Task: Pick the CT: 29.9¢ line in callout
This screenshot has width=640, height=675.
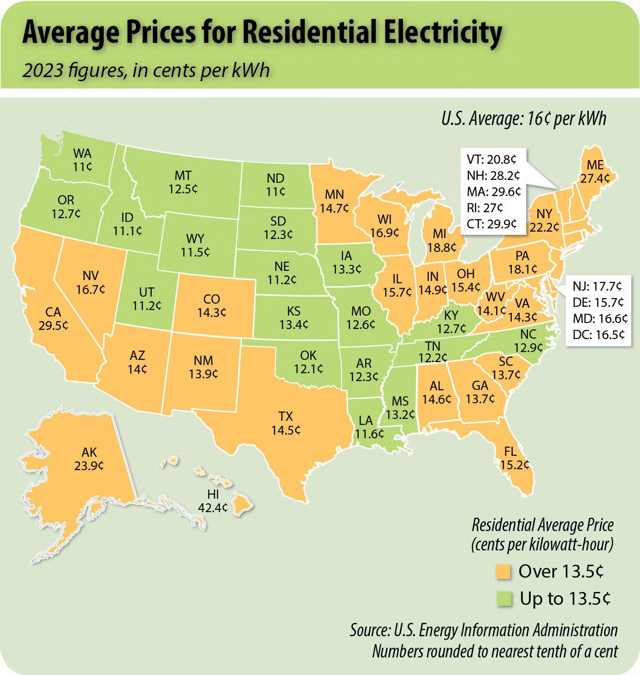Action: pyautogui.click(x=492, y=224)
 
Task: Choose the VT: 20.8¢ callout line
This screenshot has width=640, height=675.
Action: pyautogui.click(x=492, y=160)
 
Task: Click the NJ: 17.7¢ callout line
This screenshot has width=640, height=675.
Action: pyautogui.click(x=597, y=287)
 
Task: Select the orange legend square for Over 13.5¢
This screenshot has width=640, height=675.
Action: pyautogui.click(x=504, y=572)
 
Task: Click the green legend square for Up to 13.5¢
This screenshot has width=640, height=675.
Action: pyautogui.click(x=504, y=599)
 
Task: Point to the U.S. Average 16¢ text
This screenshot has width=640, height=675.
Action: pyautogui.click(x=523, y=119)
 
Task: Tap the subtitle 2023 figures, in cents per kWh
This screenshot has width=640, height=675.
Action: pyautogui.click(x=146, y=71)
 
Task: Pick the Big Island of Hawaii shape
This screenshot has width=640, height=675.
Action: pyautogui.click(x=242, y=503)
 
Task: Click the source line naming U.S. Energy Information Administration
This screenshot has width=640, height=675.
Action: pyautogui.click(x=483, y=630)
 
